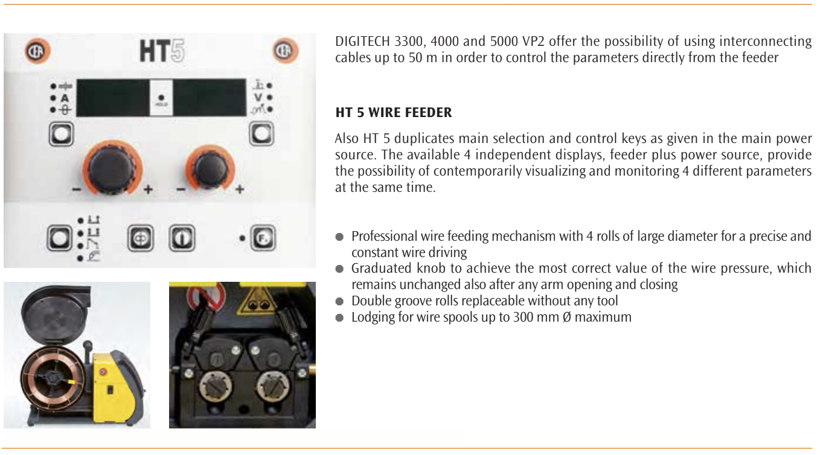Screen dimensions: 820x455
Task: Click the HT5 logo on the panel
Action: pyautogui.click(x=162, y=51)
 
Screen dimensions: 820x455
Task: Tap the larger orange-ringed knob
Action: pyautogui.click(x=112, y=168)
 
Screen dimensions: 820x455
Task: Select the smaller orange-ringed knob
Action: pyautogui.click(x=210, y=169)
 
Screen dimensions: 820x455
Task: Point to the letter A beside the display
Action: pyautogui.click(x=65, y=98)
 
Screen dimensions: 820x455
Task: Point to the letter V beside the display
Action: pyautogui.click(x=258, y=97)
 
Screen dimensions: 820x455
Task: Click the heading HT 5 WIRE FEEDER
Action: pyautogui.click(x=394, y=112)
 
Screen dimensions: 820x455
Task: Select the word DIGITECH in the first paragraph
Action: pyautogui.click(x=362, y=41)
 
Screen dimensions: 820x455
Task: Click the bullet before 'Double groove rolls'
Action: pyautogui.click(x=339, y=301)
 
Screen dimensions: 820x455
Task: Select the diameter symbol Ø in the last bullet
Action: pyautogui.click(x=566, y=317)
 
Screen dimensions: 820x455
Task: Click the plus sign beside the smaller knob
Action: pyautogui.click(x=240, y=189)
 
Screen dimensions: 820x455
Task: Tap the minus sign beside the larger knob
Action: pyautogui.click(x=77, y=189)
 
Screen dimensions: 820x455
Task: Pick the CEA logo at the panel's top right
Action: pyautogui.click(x=286, y=51)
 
